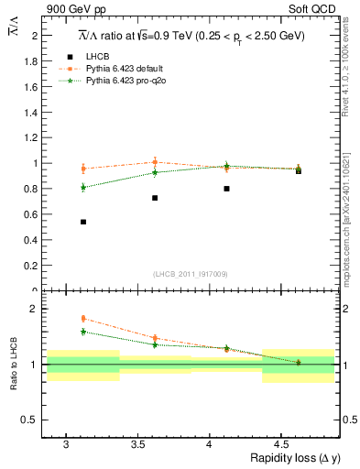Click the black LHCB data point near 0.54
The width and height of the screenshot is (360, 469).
click(x=83, y=222)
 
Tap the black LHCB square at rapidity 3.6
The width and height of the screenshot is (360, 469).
click(x=155, y=198)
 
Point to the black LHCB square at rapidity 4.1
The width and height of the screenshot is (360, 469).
click(x=226, y=189)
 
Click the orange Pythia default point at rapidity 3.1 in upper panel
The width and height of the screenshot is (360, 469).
click(x=83, y=169)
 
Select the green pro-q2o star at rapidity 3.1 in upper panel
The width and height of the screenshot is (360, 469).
click(x=83, y=187)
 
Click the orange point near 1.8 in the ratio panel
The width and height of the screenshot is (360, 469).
click(x=83, y=319)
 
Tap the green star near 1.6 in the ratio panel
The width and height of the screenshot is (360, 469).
click(x=83, y=332)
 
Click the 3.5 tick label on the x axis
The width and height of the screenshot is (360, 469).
click(x=137, y=442)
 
